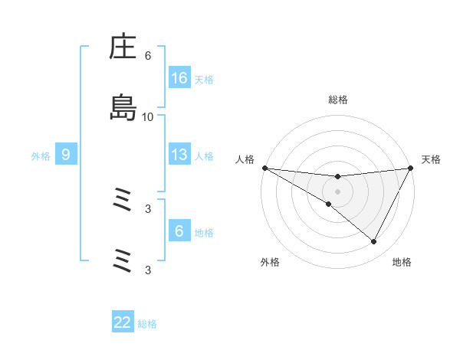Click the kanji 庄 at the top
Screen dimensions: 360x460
click(123, 47)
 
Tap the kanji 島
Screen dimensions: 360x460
click(123, 107)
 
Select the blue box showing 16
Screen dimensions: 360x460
click(179, 78)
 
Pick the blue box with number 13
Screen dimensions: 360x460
click(179, 155)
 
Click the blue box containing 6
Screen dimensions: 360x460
click(179, 231)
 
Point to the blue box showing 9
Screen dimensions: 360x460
click(66, 155)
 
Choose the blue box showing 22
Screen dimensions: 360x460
click(123, 322)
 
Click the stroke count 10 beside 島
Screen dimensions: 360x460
click(148, 116)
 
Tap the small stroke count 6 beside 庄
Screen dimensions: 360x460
click(148, 56)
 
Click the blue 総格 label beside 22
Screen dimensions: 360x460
click(147, 324)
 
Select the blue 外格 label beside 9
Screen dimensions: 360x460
click(41, 156)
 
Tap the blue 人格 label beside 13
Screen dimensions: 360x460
click(204, 156)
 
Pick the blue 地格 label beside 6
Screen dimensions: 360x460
click(204, 233)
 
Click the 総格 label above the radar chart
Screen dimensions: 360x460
click(338, 100)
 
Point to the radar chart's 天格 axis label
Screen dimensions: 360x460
click(431, 159)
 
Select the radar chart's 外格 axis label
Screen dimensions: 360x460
click(270, 262)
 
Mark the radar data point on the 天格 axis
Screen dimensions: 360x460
click(411, 168)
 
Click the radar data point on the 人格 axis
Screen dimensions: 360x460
click(264, 168)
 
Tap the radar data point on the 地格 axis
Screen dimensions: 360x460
click(374, 242)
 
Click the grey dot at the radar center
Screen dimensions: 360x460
click(338, 191)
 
